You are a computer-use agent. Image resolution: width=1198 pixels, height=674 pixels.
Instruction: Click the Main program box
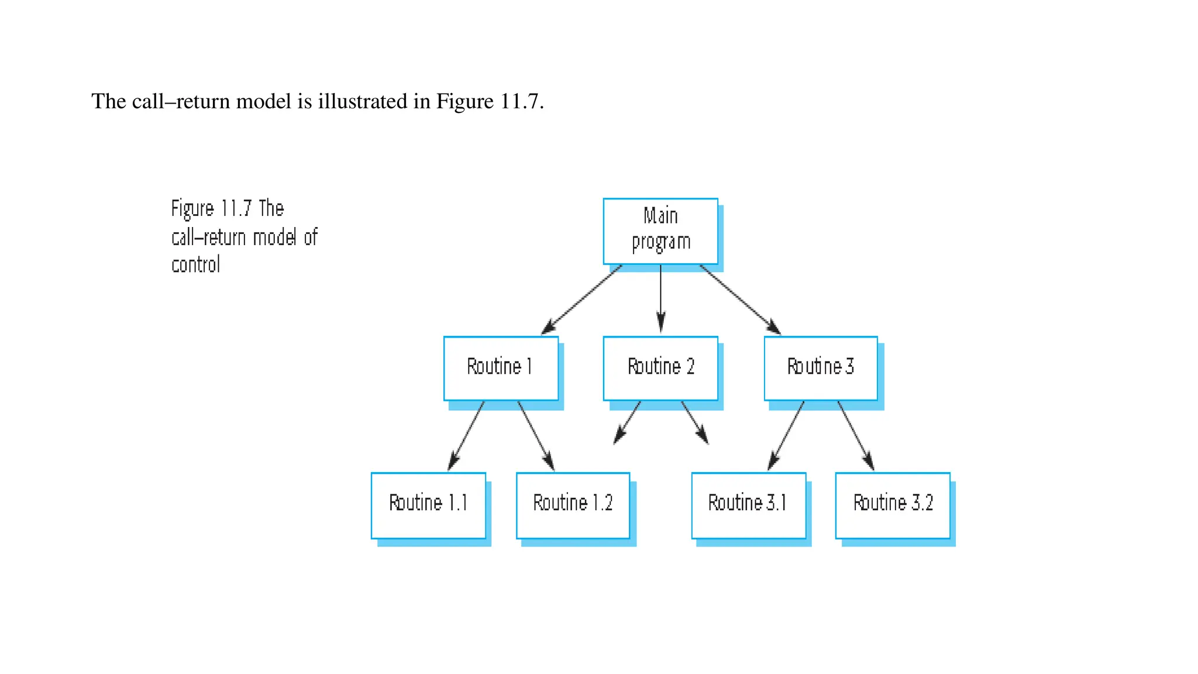660,231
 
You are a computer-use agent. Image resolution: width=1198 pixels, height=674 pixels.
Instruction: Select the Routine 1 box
501,368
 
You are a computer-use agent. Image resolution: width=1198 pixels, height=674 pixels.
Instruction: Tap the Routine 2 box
660,368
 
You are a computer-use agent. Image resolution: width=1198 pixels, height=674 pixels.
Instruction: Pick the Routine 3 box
821,368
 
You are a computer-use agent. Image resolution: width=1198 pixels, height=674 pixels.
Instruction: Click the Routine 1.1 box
428,505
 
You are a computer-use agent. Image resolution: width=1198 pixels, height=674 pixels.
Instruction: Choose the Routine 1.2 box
573,505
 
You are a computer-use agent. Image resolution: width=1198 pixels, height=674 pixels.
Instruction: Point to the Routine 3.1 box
748,505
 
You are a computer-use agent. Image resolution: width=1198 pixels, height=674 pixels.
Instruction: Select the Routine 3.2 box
893,505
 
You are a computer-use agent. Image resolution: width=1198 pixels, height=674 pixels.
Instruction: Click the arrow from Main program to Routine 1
581,300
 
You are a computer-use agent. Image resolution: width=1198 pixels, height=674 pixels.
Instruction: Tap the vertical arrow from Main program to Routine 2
660,298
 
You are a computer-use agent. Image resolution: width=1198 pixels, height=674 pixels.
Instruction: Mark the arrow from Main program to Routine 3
740,300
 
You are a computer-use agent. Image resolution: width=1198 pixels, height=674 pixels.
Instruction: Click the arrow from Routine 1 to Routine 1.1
466,436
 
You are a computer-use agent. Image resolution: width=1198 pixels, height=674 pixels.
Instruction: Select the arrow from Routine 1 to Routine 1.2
536,436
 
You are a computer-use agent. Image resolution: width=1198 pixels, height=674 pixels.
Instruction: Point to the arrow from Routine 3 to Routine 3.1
786,436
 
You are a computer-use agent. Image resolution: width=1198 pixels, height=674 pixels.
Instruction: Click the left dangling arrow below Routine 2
627,422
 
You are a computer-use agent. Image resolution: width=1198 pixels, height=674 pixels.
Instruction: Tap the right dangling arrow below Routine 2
695,422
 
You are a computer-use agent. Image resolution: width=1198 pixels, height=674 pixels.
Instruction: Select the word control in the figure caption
195,265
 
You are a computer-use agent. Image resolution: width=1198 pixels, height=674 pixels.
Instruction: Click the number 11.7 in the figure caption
236,209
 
